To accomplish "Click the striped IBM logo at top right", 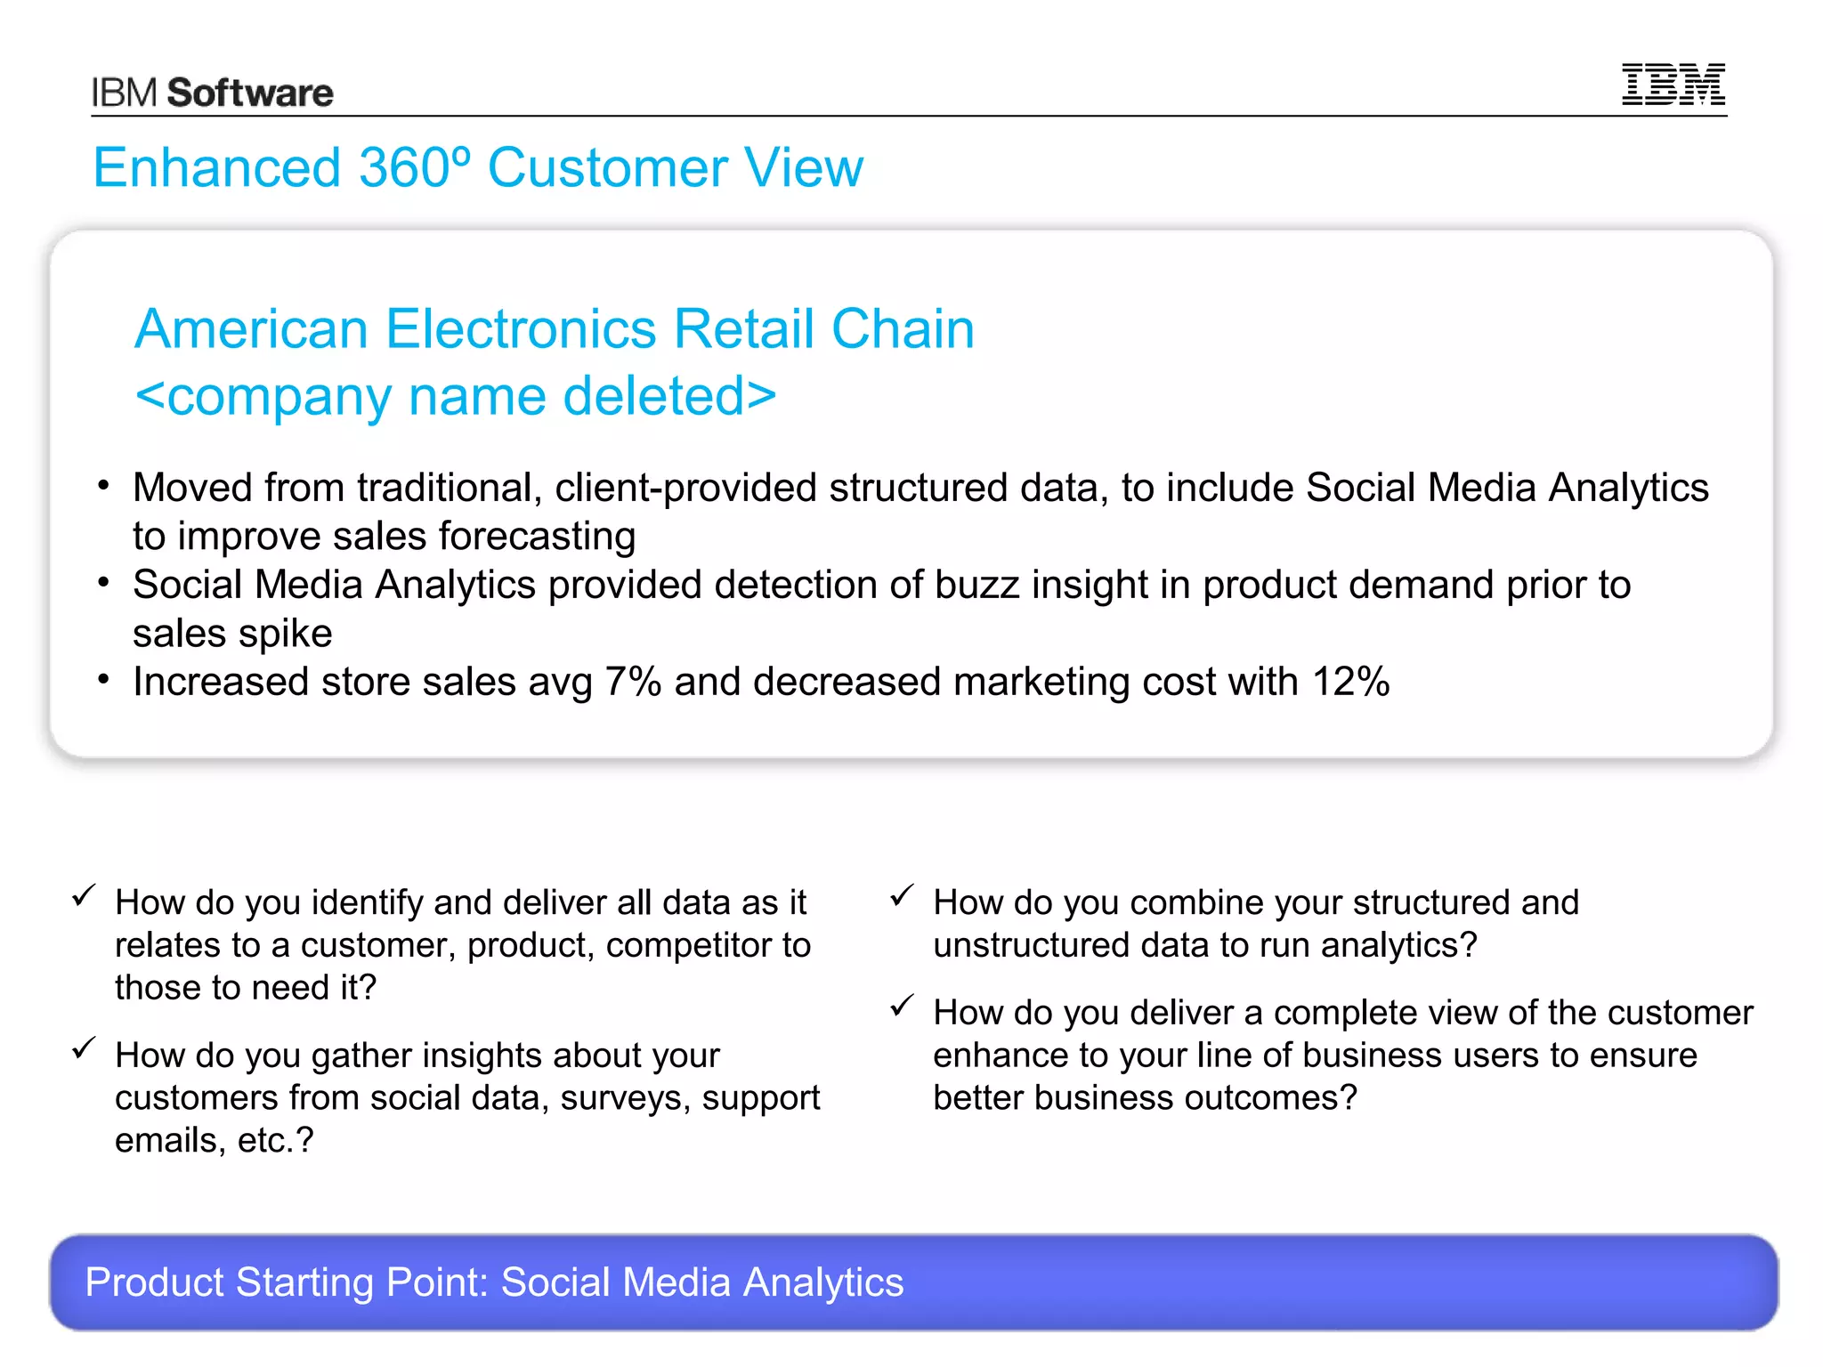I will coord(1673,85).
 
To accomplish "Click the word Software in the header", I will coord(250,93).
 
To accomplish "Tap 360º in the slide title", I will coord(414,167).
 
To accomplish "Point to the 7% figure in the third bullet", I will coord(633,682).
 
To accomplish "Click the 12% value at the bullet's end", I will coord(1350,682).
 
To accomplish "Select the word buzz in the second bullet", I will coord(976,585).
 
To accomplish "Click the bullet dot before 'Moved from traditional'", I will coord(104,486).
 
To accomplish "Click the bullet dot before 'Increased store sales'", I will coord(104,681).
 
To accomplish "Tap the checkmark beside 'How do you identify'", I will coord(84,894).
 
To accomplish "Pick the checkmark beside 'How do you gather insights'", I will coord(84,1047).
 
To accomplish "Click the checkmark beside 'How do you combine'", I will coord(902,894).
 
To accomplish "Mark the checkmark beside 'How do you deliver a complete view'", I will coord(902,1006).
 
